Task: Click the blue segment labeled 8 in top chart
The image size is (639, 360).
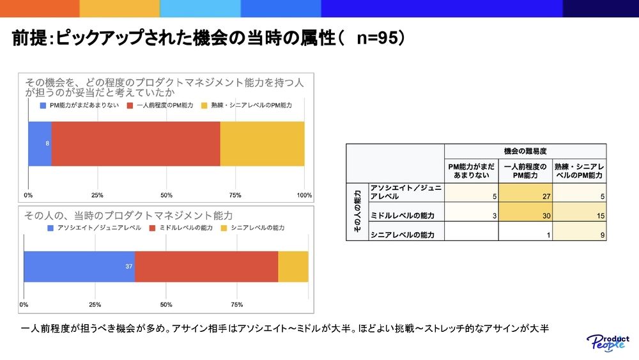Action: [x=40, y=143]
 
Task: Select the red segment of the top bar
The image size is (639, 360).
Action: [x=135, y=143]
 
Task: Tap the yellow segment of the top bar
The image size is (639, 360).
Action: [x=262, y=143]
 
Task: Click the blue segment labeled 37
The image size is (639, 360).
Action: [x=79, y=267]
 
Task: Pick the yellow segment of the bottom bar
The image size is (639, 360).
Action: [x=293, y=267]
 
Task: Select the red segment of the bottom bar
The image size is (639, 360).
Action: [x=206, y=267]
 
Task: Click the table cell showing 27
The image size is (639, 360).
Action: [x=525, y=192]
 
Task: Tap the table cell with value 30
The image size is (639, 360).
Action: [x=525, y=212]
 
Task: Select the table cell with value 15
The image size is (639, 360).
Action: [x=580, y=212]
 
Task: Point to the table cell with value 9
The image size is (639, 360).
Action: [x=580, y=231]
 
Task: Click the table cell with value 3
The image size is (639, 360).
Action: [x=472, y=212]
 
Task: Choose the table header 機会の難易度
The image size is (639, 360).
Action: [x=525, y=152]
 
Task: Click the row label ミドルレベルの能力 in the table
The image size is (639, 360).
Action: [x=402, y=215]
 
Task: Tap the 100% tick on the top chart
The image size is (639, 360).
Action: [x=304, y=195]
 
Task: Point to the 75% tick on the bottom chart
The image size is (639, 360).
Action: [x=237, y=304]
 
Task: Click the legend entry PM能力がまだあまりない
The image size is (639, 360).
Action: [x=79, y=106]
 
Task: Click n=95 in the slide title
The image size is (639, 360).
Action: [x=376, y=38]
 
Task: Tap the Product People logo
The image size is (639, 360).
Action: [x=608, y=343]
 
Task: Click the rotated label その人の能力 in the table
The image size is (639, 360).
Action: [x=357, y=211]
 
